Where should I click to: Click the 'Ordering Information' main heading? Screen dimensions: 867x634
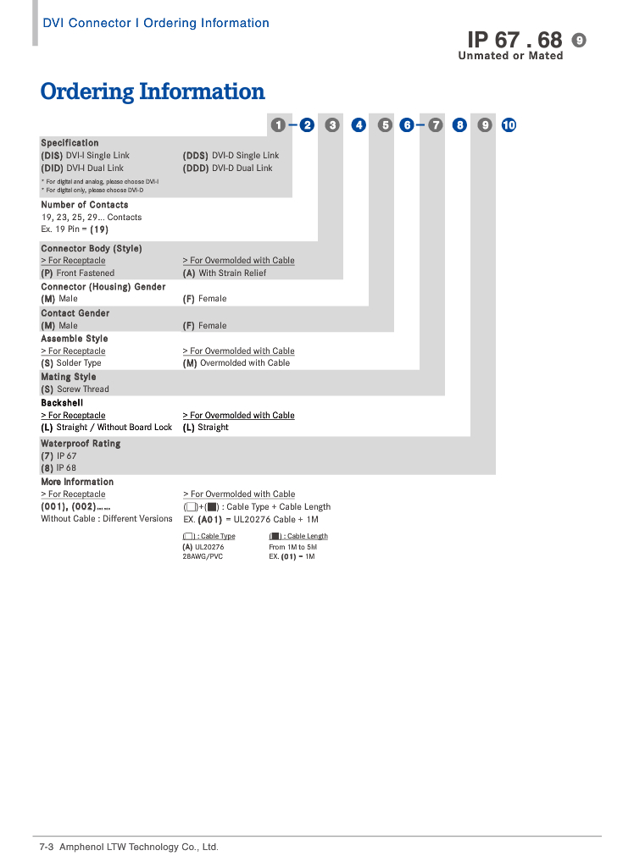153,91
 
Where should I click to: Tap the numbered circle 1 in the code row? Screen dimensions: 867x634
277,125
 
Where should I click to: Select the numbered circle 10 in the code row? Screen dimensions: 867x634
509,125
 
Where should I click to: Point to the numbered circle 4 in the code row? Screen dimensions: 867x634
359,125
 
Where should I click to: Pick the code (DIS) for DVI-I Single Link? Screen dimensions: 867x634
52,156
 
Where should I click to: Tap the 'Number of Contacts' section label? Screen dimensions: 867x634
85,205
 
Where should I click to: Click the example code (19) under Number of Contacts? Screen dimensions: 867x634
99,229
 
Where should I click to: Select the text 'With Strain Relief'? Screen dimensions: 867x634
232,273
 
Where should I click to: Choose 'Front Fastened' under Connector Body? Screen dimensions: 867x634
86,273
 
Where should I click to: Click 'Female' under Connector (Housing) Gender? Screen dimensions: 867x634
213,299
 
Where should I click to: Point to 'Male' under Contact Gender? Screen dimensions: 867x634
68,326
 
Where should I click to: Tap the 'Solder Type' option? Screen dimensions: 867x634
79,363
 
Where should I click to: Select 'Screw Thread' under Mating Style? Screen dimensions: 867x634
83,389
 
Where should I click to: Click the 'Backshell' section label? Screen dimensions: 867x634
62,403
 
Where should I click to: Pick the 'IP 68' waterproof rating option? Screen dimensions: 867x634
66,468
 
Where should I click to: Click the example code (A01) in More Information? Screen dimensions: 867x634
210,520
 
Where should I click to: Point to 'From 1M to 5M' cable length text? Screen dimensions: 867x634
292,548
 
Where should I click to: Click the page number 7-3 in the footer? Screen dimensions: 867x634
47,848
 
